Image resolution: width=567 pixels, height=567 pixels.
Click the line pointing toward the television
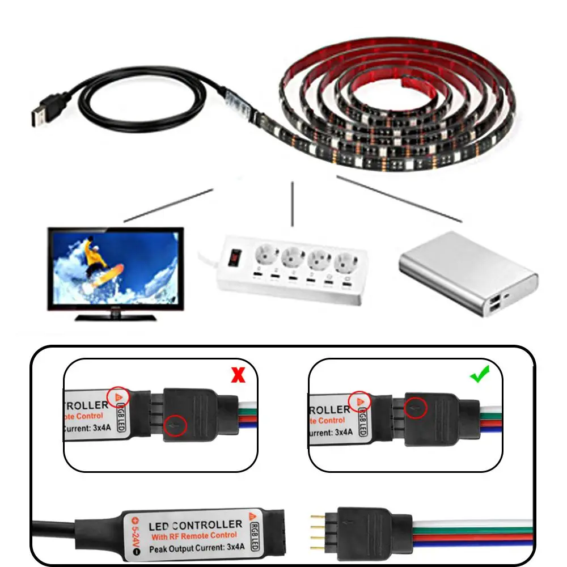[167, 205]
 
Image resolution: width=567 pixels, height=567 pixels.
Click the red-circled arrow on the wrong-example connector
[176, 426]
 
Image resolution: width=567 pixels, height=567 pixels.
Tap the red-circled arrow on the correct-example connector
[417, 406]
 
